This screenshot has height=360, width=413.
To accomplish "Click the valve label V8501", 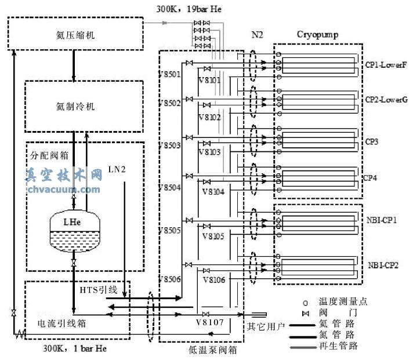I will (170, 75).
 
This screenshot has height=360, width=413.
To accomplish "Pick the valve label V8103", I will (209, 152).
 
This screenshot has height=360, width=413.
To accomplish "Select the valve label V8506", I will (170, 279).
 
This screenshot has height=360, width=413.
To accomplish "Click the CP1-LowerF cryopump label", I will (386, 65).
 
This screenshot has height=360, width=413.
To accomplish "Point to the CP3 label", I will (372, 140).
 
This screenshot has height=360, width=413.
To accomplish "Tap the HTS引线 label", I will (97, 288).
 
